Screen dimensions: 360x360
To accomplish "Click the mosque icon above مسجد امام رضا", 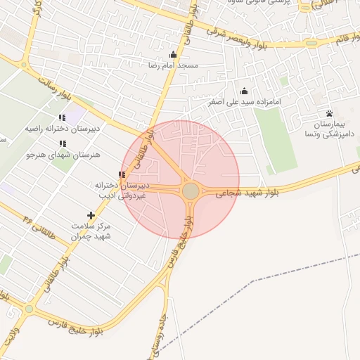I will click(174, 54).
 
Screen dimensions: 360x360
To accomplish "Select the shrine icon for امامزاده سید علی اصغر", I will click(244, 91).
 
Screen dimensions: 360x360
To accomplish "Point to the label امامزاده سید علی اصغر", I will click(244, 102).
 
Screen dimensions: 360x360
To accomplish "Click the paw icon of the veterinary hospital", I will click(329, 112).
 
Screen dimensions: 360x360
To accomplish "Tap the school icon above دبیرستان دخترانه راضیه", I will click(62, 118).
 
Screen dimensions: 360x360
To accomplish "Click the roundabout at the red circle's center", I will click(191, 191).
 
